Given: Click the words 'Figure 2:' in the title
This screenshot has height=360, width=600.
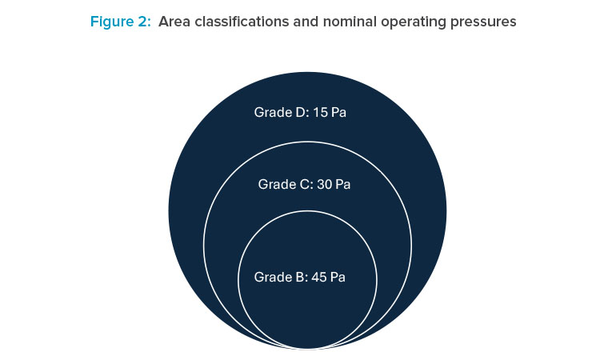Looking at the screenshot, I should pyautogui.click(x=120, y=22).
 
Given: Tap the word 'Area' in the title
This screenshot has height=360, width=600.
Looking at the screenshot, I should pyautogui.click(x=174, y=22).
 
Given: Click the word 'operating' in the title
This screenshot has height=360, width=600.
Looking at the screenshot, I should pyautogui.click(x=407, y=22).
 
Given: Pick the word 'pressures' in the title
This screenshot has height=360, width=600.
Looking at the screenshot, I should pyautogui.click(x=482, y=22).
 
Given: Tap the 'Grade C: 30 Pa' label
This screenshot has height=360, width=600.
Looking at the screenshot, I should pyautogui.click(x=305, y=184).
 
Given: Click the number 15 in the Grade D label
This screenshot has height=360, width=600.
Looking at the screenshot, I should pyautogui.click(x=320, y=112).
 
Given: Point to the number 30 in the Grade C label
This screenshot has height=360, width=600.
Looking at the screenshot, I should pyautogui.click(x=324, y=184).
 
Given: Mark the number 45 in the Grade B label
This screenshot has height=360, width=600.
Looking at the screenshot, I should pyautogui.click(x=318, y=277).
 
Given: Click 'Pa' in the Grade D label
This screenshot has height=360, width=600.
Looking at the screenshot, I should pyautogui.click(x=338, y=112).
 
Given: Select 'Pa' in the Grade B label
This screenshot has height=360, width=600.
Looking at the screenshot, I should pyautogui.click(x=338, y=277).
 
